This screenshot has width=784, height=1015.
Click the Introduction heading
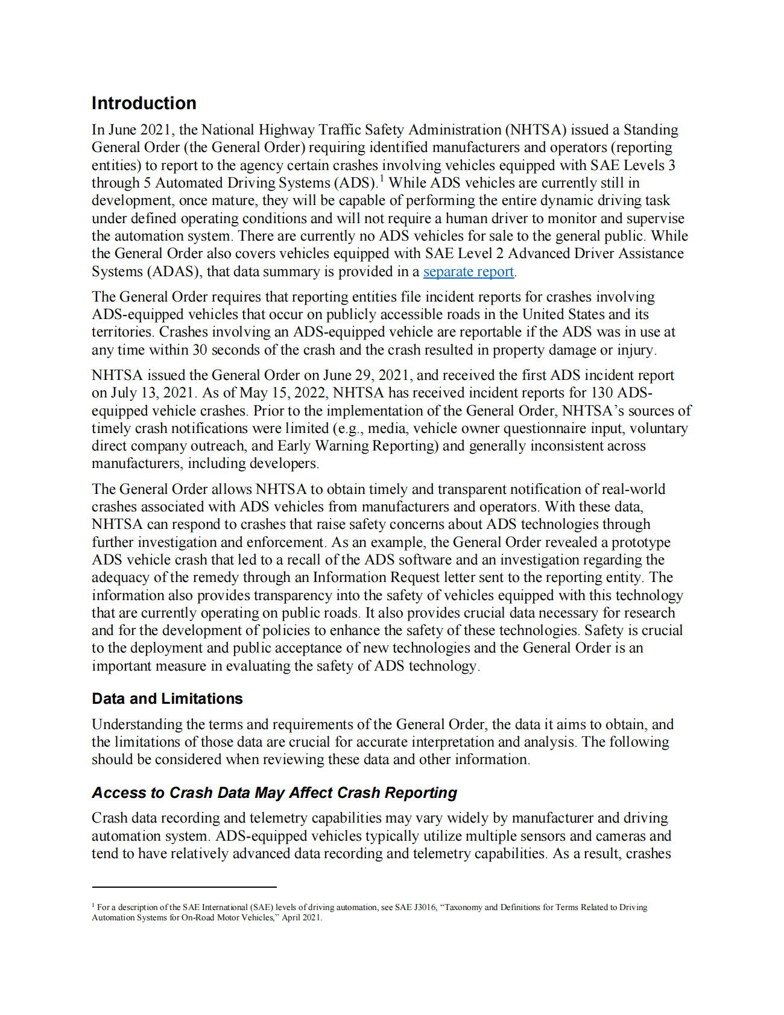coord(144,103)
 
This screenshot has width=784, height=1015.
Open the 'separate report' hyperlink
coord(468,272)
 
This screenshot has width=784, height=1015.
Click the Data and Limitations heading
coord(167,698)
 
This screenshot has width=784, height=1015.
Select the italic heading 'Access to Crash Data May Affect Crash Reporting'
coord(274,792)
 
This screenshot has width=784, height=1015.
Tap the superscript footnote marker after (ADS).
coord(381,179)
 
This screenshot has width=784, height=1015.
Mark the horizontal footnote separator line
coord(184,887)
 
